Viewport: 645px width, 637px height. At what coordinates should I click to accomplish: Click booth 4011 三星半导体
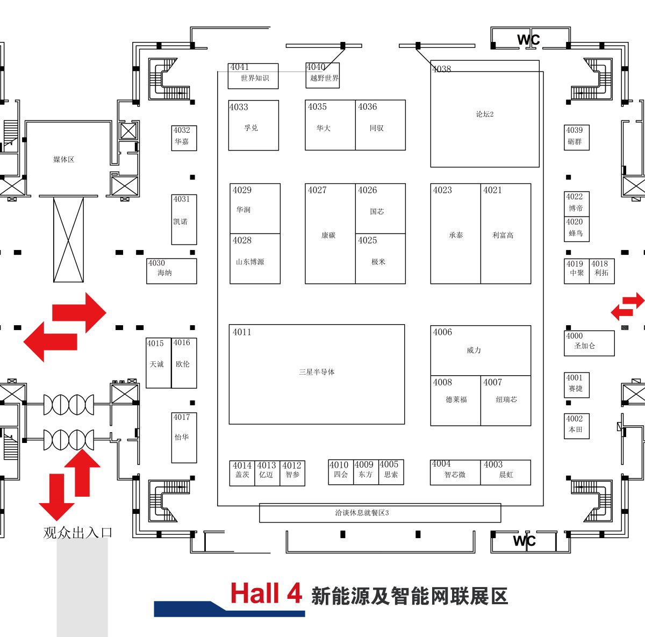pos(317,374)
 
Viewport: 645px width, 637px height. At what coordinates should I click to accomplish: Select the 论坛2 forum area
pos(484,114)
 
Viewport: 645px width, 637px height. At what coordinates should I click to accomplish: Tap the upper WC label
pos(528,40)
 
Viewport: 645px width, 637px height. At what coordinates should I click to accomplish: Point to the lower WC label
pos(524,541)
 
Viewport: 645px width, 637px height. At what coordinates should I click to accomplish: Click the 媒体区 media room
pos(63,159)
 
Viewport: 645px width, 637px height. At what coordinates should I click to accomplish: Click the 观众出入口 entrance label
pos(77,533)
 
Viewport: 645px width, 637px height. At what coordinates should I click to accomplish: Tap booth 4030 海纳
pos(171,271)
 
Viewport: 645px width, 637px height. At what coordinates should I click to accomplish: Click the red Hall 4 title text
pos(266,594)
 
